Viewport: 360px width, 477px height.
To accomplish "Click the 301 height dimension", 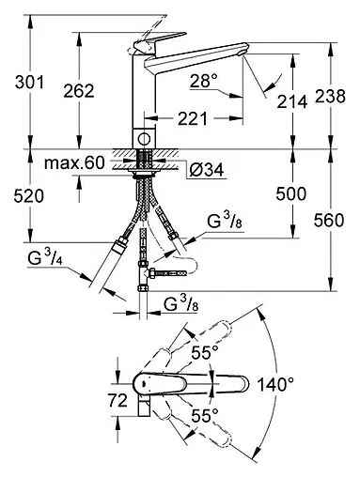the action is pyautogui.click(x=30, y=83).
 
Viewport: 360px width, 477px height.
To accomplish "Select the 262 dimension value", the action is pyautogui.click(x=79, y=91).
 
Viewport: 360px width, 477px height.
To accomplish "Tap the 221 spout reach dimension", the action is pyautogui.click(x=193, y=118).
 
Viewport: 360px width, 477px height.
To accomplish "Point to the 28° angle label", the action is pyautogui.click(x=204, y=82).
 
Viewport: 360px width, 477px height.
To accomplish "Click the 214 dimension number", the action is pyautogui.click(x=292, y=102).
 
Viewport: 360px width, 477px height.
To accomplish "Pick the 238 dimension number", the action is pyautogui.click(x=330, y=96).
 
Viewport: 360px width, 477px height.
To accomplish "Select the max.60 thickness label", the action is pyautogui.click(x=74, y=163).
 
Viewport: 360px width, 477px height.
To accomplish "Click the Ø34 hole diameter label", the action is pyautogui.click(x=207, y=170).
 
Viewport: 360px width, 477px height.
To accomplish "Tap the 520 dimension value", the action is pyautogui.click(x=29, y=196).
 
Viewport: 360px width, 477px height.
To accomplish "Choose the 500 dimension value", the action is pyautogui.click(x=291, y=194).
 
